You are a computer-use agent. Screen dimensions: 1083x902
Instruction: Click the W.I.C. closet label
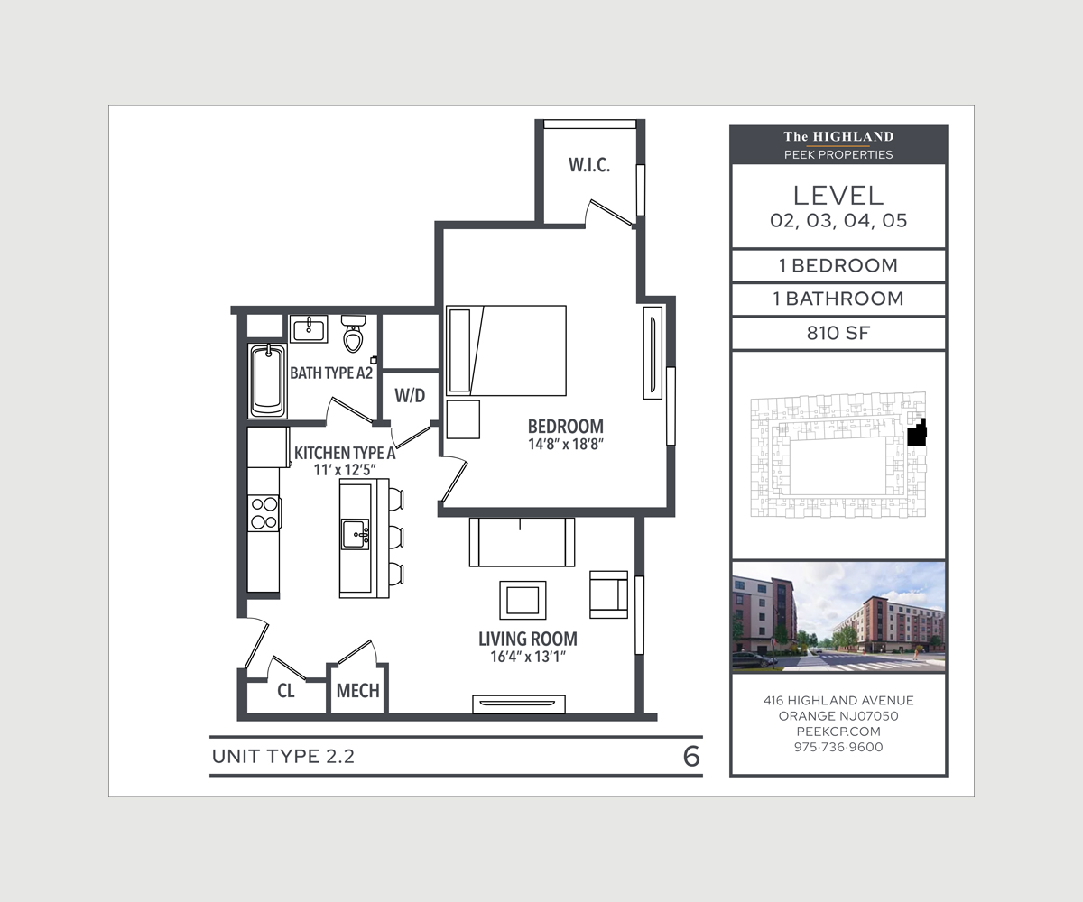[589, 165]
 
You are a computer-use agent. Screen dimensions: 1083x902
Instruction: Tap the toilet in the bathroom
[353, 333]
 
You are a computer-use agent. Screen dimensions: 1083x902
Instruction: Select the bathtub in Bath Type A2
[268, 381]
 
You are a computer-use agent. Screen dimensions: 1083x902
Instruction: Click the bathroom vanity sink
[309, 328]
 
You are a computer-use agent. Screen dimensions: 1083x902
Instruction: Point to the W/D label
[410, 396]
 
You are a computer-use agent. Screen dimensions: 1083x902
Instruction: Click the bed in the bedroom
[506, 351]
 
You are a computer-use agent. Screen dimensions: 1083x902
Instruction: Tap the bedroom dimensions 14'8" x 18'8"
[566, 445]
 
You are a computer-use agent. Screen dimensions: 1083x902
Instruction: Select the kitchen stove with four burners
[264, 512]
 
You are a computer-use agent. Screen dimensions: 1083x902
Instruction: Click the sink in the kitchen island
[356, 534]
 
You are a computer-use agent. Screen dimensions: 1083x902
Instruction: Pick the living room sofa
[522, 542]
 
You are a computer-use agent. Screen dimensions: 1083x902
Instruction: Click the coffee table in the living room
[523, 601]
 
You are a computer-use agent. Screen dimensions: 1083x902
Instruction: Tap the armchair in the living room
[609, 594]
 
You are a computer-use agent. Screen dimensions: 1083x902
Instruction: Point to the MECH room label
[358, 691]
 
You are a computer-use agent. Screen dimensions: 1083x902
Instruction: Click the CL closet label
[286, 691]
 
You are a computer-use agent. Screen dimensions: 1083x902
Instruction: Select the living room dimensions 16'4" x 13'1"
[528, 657]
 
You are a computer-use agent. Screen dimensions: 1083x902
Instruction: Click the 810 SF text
[838, 333]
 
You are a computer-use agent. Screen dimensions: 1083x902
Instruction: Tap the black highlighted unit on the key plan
[917, 433]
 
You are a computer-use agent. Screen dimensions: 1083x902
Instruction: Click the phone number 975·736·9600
[838, 747]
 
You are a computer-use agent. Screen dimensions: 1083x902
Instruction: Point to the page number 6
[691, 757]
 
